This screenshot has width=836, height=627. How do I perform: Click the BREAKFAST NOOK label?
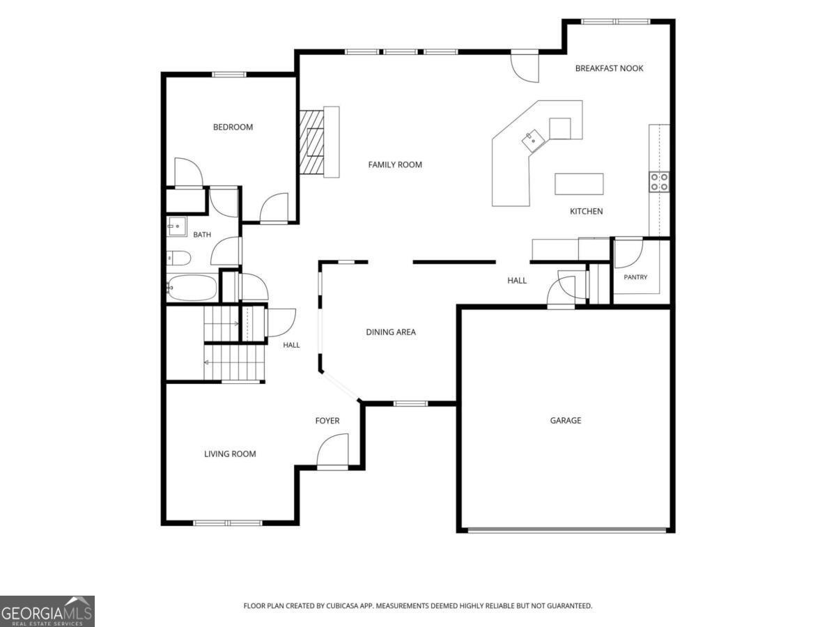pyautogui.click(x=609, y=68)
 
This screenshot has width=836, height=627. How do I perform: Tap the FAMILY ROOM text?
pyautogui.click(x=395, y=165)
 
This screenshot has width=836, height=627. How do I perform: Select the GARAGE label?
pyautogui.click(x=566, y=420)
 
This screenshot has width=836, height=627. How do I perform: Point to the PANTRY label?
pyautogui.click(x=635, y=277)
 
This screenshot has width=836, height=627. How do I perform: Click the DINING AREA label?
pyautogui.click(x=391, y=332)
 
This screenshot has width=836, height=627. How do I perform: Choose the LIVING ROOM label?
pyautogui.click(x=230, y=454)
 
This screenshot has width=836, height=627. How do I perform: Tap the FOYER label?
pyautogui.click(x=327, y=421)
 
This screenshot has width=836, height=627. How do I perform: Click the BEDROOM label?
pyautogui.click(x=233, y=127)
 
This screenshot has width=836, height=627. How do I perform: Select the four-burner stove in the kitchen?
pyautogui.click(x=659, y=182)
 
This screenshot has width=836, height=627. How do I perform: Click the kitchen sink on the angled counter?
pyautogui.click(x=532, y=141)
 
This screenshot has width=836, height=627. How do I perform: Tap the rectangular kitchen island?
pyautogui.click(x=579, y=184)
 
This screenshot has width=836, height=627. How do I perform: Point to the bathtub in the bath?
pyautogui.click(x=192, y=287)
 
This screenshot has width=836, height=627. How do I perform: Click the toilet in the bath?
pyautogui.click(x=178, y=258)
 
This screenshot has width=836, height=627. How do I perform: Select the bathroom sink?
pyautogui.click(x=177, y=226)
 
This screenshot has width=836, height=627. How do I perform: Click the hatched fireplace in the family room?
pyautogui.click(x=311, y=142)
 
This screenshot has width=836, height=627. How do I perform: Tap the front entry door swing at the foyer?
pyautogui.click(x=332, y=451)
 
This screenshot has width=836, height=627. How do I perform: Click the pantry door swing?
pyautogui.click(x=628, y=253)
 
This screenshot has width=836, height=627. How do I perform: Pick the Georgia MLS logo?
pyautogui.click(x=47, y=611)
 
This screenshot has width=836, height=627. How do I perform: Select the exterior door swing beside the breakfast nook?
pyautogui.click(x=525, y=68)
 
